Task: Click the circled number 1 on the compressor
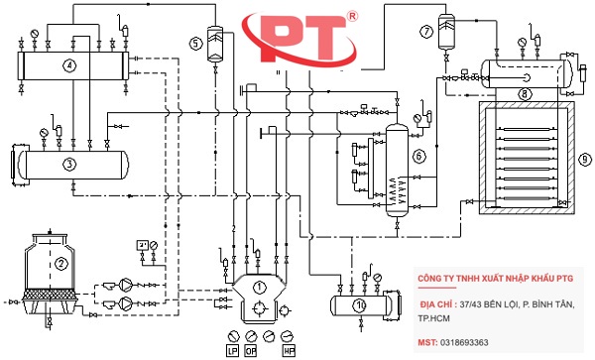pyautogui.click(x=261, y=287)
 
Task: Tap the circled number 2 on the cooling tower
pyautogui.click(x=60, y=264)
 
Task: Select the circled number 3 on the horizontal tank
pyautogui.click(x=69, y=163)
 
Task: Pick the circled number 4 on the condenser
pyautogui.click(x=69, y=66)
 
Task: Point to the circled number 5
pyautogui.click(x=195, y=43)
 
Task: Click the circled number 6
pyautogui.click(x=418, y=156)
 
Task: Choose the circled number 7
pyautogui.click(x=426, y=32)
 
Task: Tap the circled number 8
pyautogui.click(x=525, y=93)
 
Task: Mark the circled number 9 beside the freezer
pyautogui.click(x=585, y=159)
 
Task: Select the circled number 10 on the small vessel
pyautogui.click(x=359, y=303)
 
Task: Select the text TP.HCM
pyautogui.click(x=436, y=319)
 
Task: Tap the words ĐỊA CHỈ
pyautogui.click(x=439, y=302)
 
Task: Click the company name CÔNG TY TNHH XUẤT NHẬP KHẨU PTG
pyautogui.click(x=496, y=280)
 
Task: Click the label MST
pyautogui.click(x=426, y=342)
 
